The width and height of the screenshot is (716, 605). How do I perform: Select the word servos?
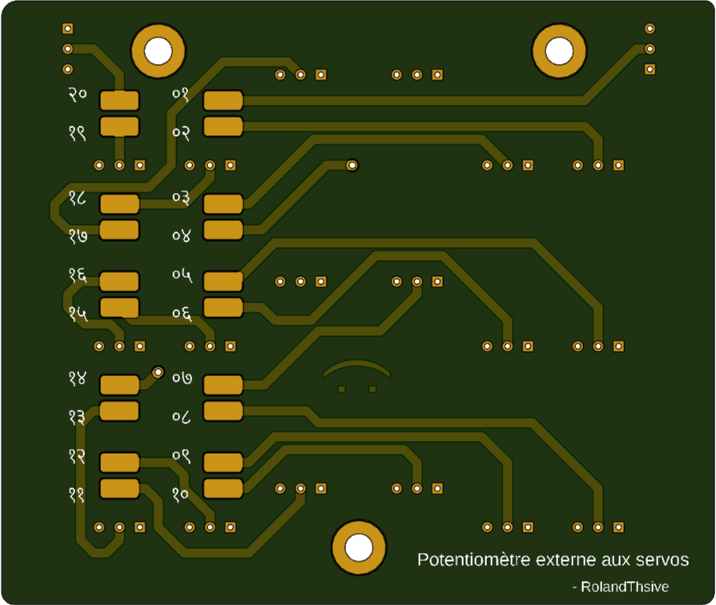[x=662, y=560]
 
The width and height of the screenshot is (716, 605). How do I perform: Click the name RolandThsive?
[x=625, y=587]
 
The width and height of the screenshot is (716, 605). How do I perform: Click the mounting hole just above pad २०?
[x=158, y=50]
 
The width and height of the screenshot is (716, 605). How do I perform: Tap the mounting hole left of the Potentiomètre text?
[x=359, y=547]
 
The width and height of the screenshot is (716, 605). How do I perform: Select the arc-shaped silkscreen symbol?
[x=357, y=369]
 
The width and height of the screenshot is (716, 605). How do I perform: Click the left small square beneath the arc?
[x=342, y=390]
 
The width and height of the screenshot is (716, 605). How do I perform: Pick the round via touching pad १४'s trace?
[x=159, y=372]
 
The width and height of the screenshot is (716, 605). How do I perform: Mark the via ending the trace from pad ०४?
[x=352, y=165]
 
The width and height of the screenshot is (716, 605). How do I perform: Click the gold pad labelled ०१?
[x=223, y=101]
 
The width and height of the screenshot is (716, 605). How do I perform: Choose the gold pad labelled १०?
[x=223, y=488]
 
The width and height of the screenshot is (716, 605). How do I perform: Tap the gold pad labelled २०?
[x=119, y=101]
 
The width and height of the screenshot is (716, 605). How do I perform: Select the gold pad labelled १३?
[x=119, y=411]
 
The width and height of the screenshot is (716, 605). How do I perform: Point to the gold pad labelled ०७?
[x=223, y=385]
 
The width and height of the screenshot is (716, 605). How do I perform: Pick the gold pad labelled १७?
[x=119, y=230]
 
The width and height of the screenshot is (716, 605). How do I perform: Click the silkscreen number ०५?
[x=182, y=274]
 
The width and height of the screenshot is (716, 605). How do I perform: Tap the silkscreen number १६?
[x=78, y=274]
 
